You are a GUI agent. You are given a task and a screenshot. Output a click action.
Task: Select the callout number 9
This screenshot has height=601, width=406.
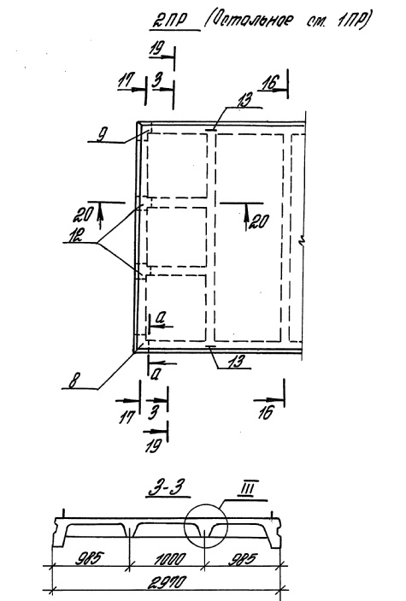101,136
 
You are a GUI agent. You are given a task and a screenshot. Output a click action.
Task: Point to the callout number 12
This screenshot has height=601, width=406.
75,235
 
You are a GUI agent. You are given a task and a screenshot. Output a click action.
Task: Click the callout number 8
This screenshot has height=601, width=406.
73,382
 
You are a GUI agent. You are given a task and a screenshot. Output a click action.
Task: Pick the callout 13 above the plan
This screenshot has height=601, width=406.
244,100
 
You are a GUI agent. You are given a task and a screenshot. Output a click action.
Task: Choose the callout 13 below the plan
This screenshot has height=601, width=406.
236,362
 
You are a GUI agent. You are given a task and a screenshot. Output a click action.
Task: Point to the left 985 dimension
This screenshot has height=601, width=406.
90,558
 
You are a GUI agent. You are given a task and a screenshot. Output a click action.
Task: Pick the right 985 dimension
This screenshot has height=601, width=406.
243,559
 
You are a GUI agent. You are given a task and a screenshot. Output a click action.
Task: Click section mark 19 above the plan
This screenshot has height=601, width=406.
156,50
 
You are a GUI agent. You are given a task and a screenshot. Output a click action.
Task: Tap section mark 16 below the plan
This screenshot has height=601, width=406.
266,412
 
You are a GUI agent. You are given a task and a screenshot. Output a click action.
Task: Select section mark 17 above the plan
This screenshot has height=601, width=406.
126,80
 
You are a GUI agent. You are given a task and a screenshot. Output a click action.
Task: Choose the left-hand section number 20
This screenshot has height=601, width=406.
82,215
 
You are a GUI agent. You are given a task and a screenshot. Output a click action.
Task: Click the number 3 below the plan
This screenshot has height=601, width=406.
153,412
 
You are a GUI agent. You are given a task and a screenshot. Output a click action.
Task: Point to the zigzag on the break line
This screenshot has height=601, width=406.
303,241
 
